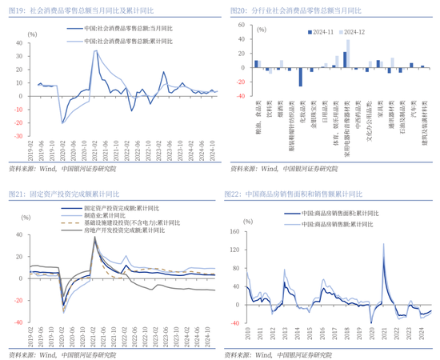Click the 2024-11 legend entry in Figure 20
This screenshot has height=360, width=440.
[319, 31]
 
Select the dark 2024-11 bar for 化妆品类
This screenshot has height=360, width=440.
[301, 76]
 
